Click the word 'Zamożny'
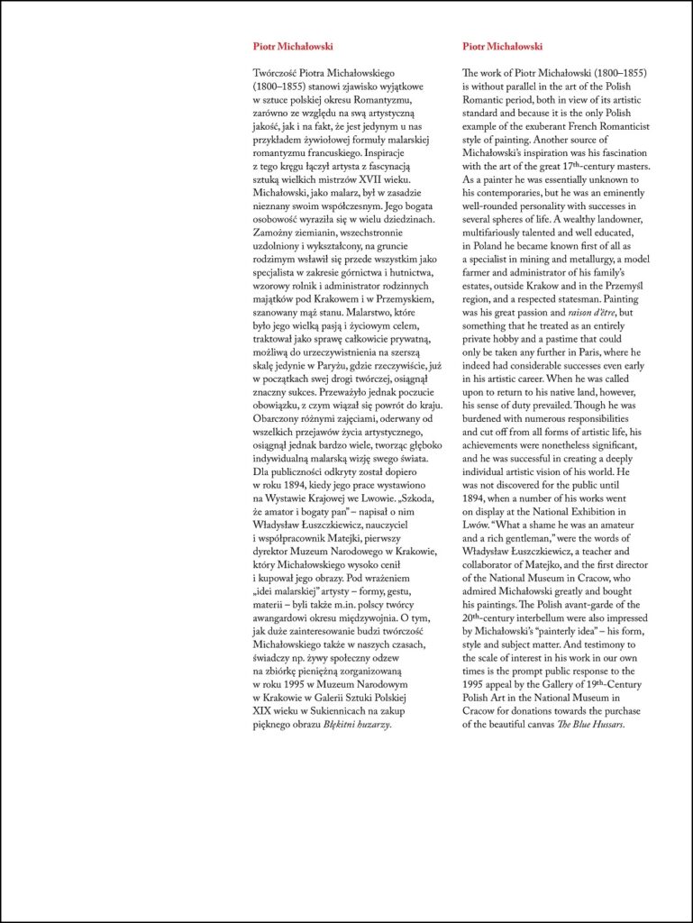coord(275,233)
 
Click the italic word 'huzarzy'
coord(368,726)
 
